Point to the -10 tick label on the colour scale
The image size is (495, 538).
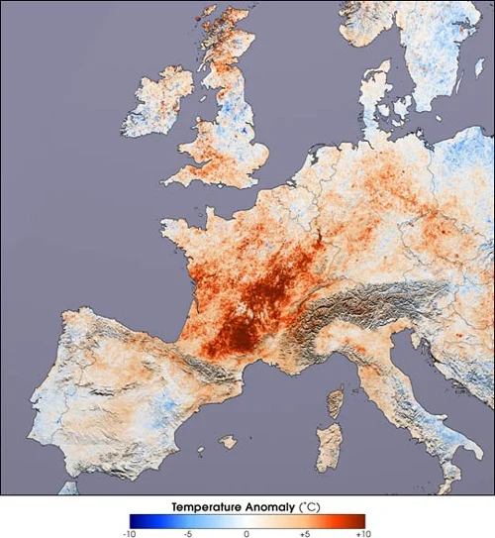click(x=129, y=532)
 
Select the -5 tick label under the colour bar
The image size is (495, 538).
click(x=188, y=532)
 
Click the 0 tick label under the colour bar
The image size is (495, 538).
click(x=247, y=532)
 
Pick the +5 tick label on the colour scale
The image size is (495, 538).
click(x=306, y=532)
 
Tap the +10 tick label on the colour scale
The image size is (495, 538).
click(x=364, y=532)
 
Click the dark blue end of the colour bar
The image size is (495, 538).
click(x=135, y=519)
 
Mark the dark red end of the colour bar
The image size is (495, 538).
click(x=359, y=519)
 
